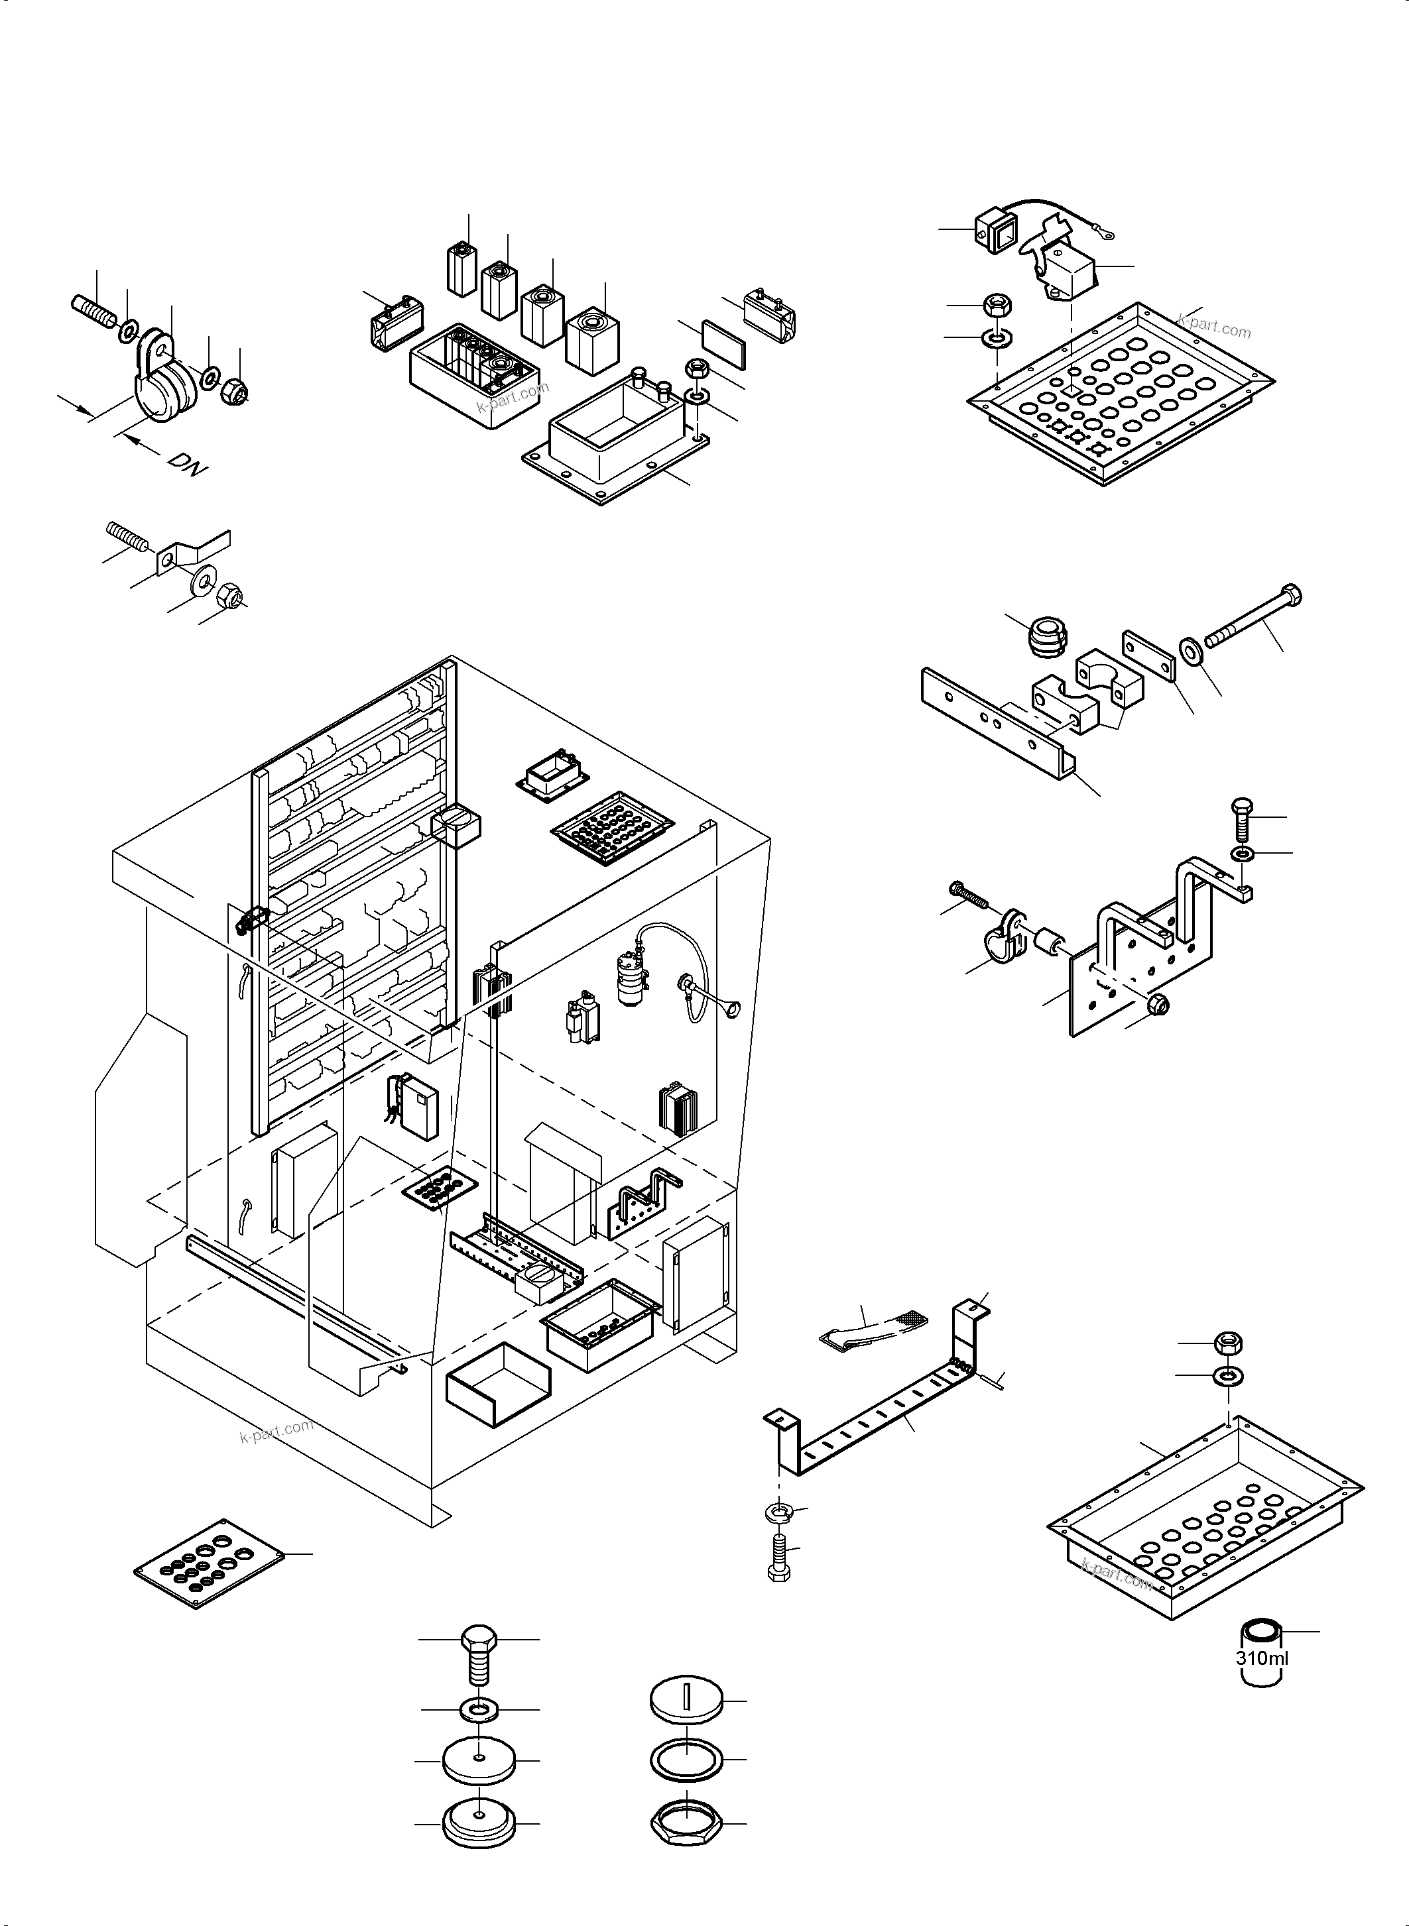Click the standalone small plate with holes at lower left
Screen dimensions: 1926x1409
click(x=209, y=1563)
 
